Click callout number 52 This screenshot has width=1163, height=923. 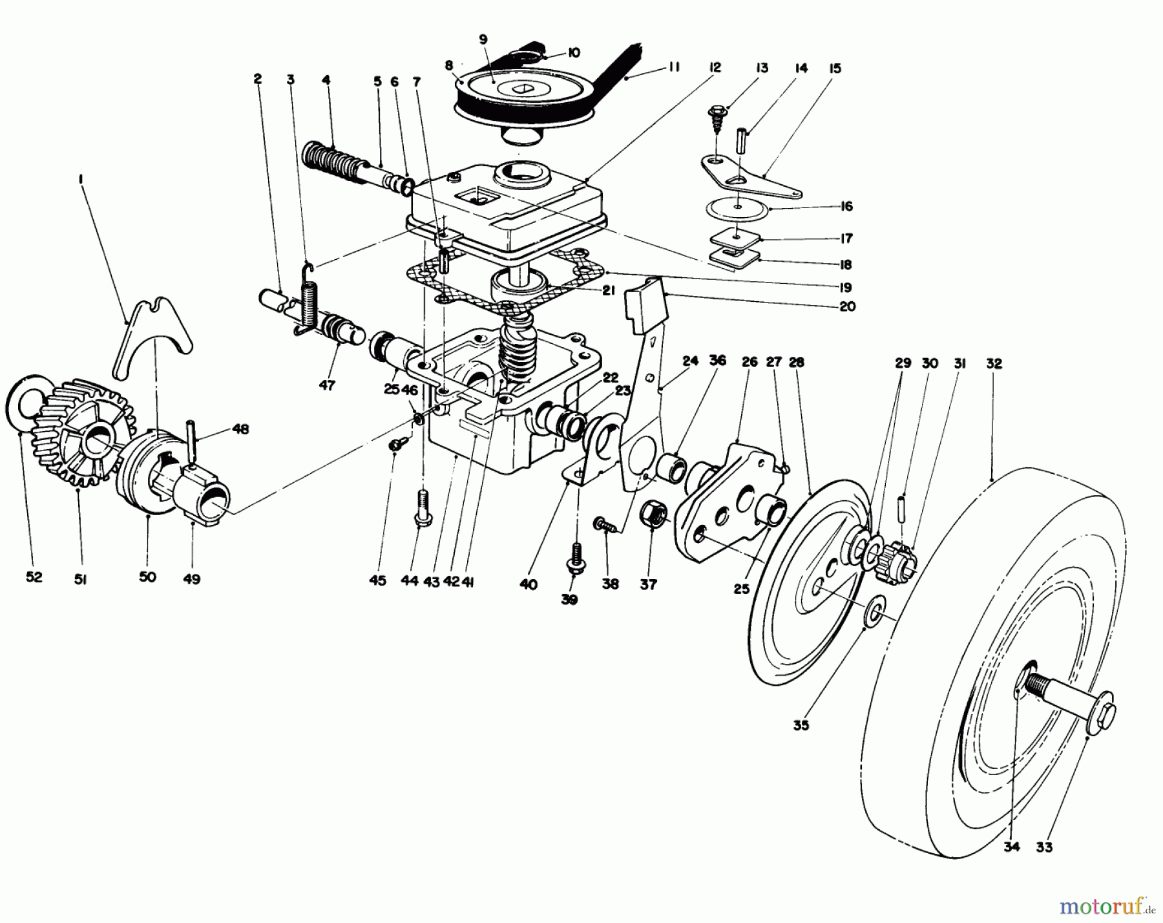(x=34, y=577)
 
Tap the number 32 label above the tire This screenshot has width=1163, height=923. (x=994, y=364)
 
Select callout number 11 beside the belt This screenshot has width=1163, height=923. (x=673, y=67)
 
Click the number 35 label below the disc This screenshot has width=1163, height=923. (x=801, y=725)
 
